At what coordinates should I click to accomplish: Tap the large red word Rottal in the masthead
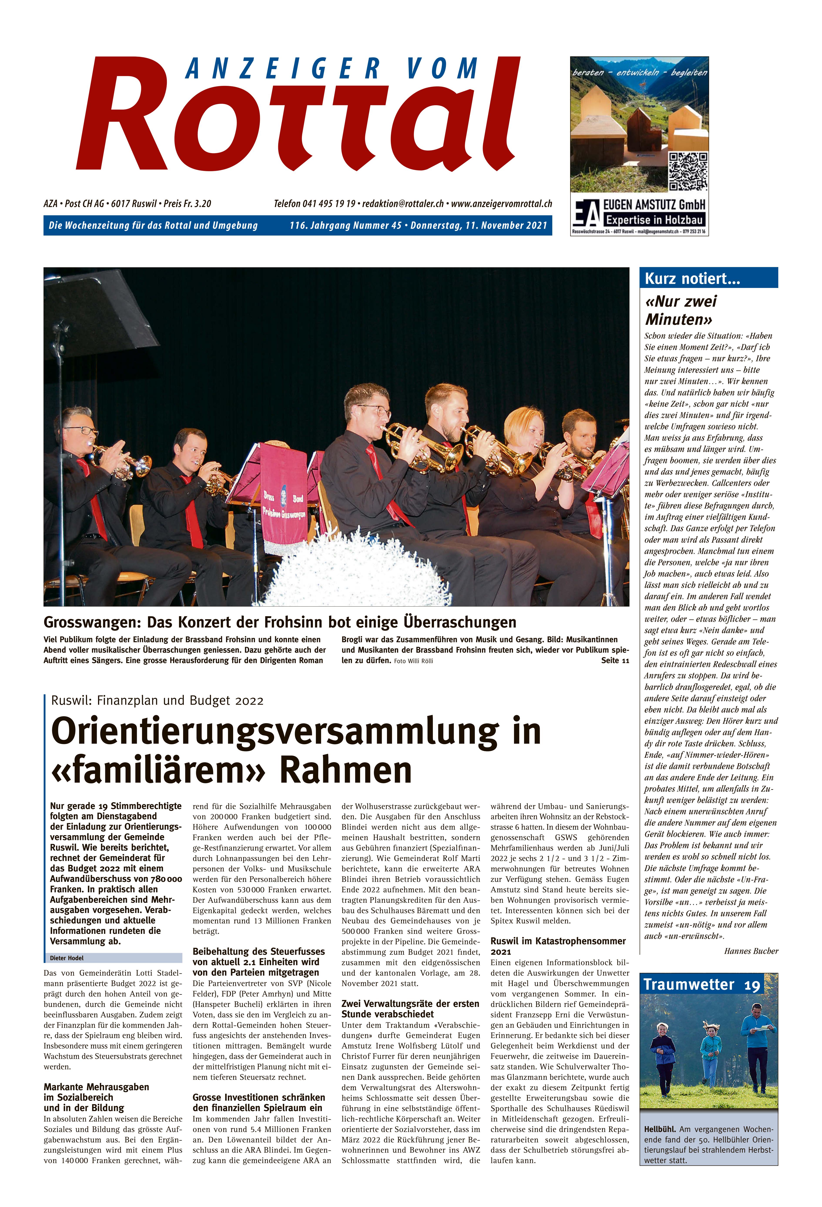[x=299, y=117]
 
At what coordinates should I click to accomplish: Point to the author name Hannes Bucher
[x=751, y=951]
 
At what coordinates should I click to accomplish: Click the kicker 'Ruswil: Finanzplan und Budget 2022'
[x=157, y=701]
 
